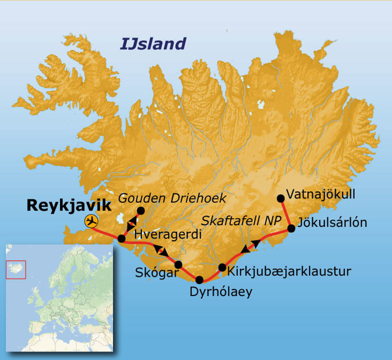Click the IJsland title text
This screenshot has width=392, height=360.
pyautogui.click(x=153, y=44)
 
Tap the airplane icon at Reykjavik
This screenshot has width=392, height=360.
pyautogui.click(x=91, y=221)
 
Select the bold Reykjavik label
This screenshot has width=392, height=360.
pyautogui.click(x=69, y=206)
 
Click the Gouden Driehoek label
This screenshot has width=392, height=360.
pyautogui.click(x=172, y=198)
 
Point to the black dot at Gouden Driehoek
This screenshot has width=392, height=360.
pyautogui.click(x=140, y=210)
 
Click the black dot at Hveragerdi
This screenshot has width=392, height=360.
pyautogui.click(x=121, y=239)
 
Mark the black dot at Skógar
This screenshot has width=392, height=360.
pyautogui.click(x=178, y=264)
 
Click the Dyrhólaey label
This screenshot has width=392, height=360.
pyautogui.click(x=221, y=292)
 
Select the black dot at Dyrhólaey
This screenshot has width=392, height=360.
pyautogui.click(x=199, y=280)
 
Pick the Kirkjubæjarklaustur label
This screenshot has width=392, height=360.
pyautogui.click(x=289, y=272)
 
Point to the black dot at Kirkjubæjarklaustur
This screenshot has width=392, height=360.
pyautogui.click(x=222, y=267)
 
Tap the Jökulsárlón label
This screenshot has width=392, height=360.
pyautogui.click(x=332, y=223)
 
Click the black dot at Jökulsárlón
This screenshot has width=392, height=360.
pyautogui.click(x=291, y=228)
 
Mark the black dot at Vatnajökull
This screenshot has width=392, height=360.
pyautogui.click(x=281, y=198)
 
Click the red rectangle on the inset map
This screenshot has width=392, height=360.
pyautogui.click(x=16, y=270)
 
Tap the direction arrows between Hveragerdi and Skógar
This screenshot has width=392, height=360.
pyautogui.click(x=161, y=250)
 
